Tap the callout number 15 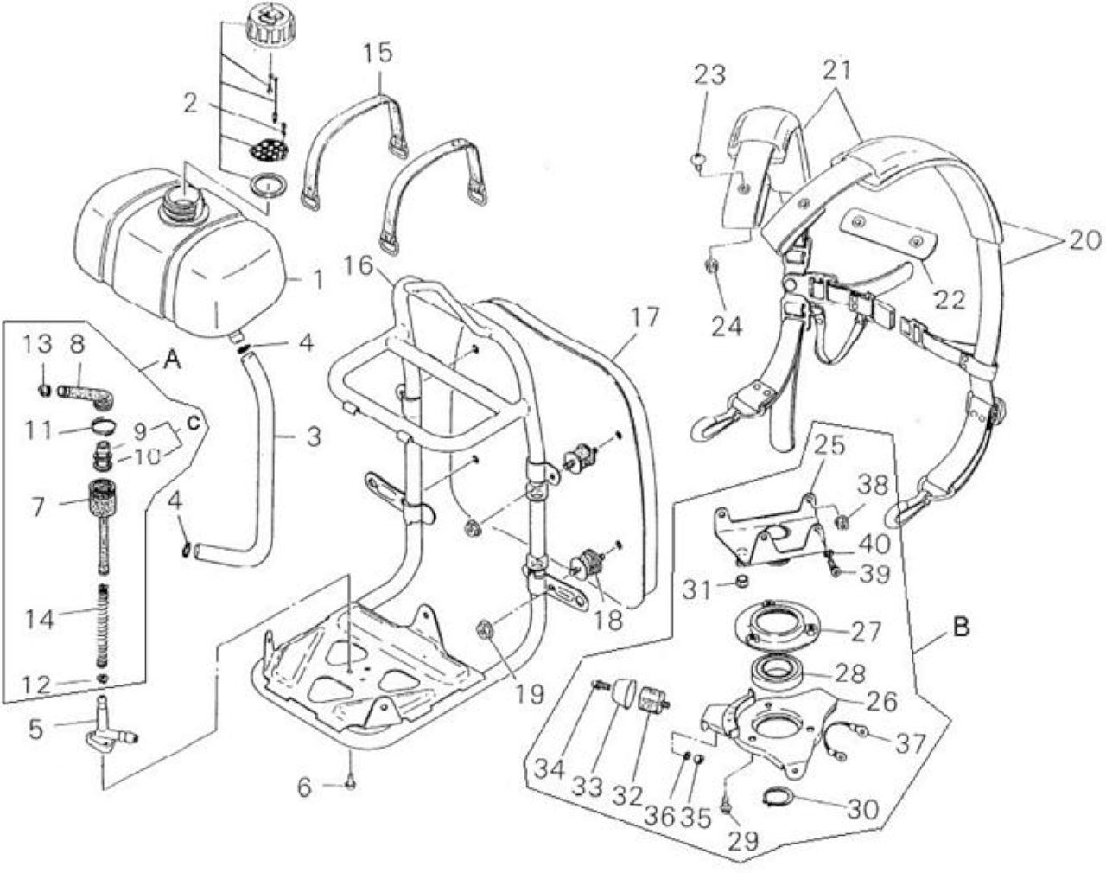coord(378,54)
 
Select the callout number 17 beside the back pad coord(645,318)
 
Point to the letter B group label coord(961,628)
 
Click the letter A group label coord(172,361)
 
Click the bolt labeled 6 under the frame coord(351,784)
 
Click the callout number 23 coord(710,75)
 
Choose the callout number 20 coord(1084,240)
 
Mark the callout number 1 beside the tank coord(319,280)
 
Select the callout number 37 coord(910,744)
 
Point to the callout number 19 coord(530,695)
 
